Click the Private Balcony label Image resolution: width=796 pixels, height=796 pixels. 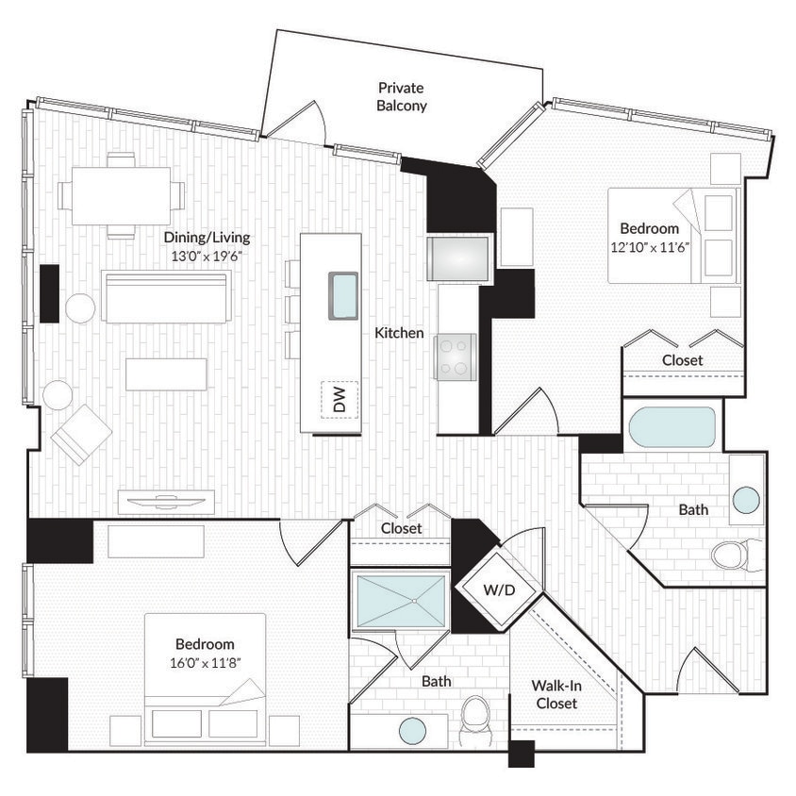click(x=402, y=97)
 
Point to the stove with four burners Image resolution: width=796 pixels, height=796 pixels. click(x=455, y=357)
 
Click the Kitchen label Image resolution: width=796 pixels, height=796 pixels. click(x=399, y=333)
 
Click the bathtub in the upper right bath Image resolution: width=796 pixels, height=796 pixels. click(x=672, y=427)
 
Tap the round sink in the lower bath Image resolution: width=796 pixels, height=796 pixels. click(x=412, y=730)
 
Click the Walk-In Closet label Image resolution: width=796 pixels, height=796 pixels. click(x=556, y=694)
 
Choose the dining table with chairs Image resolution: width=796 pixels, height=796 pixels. click(x=121, y=196)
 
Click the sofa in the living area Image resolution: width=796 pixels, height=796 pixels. click(x=166, y=297)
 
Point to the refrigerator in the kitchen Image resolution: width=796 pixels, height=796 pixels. click(x=457, y=258)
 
